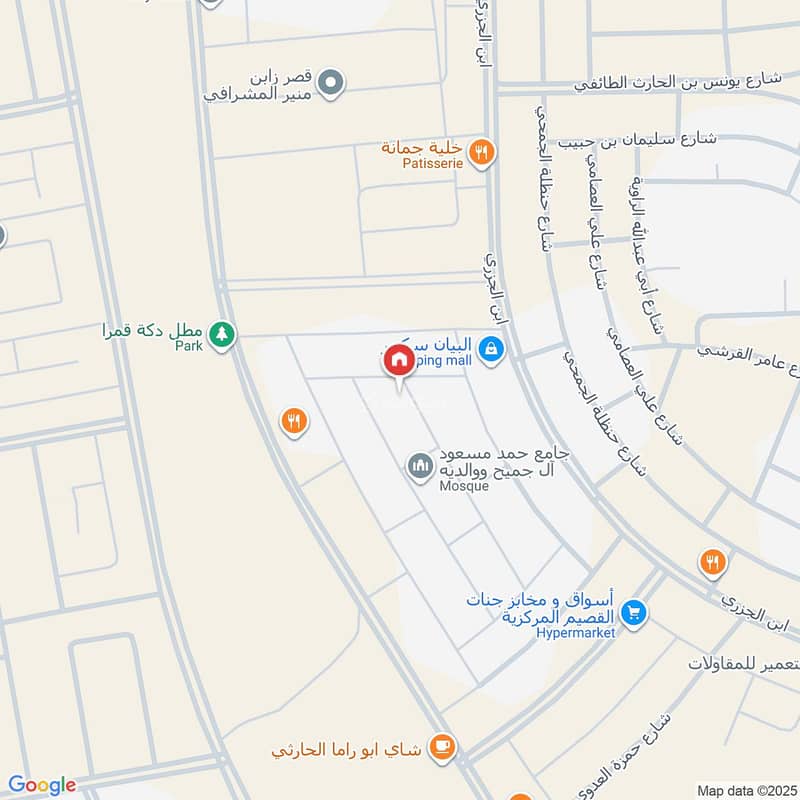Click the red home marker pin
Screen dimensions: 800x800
[x=398, y=359]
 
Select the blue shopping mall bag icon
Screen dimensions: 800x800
[x=490, y=349]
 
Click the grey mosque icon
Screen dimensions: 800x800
[x=419, y=466]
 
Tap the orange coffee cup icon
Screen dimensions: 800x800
[x=441, y=745]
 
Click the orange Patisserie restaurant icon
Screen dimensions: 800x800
[x=482, y=152]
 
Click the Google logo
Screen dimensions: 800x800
[x=41, y=785]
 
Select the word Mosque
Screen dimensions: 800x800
[x=464, y=486]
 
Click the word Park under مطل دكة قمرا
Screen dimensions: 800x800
[x=188, y=345]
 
